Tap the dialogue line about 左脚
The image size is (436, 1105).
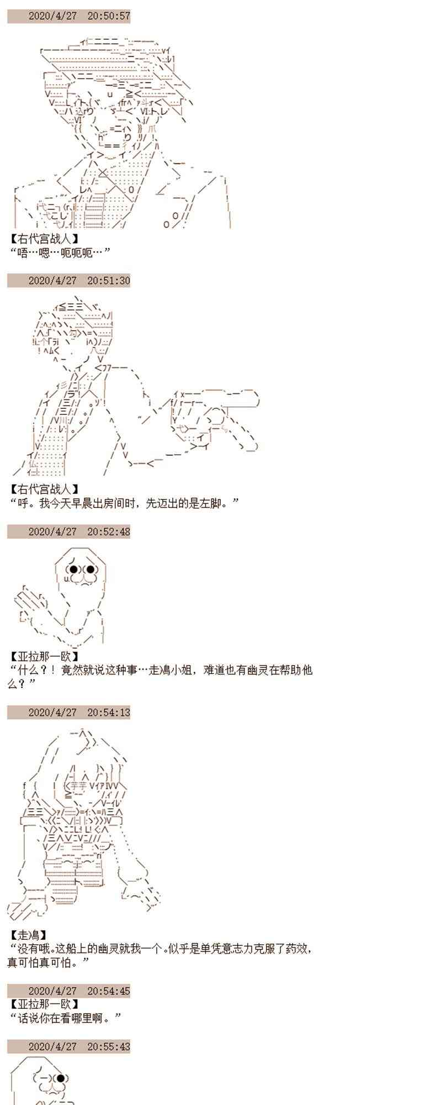[124, 503]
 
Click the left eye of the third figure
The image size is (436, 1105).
[73, 569]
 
